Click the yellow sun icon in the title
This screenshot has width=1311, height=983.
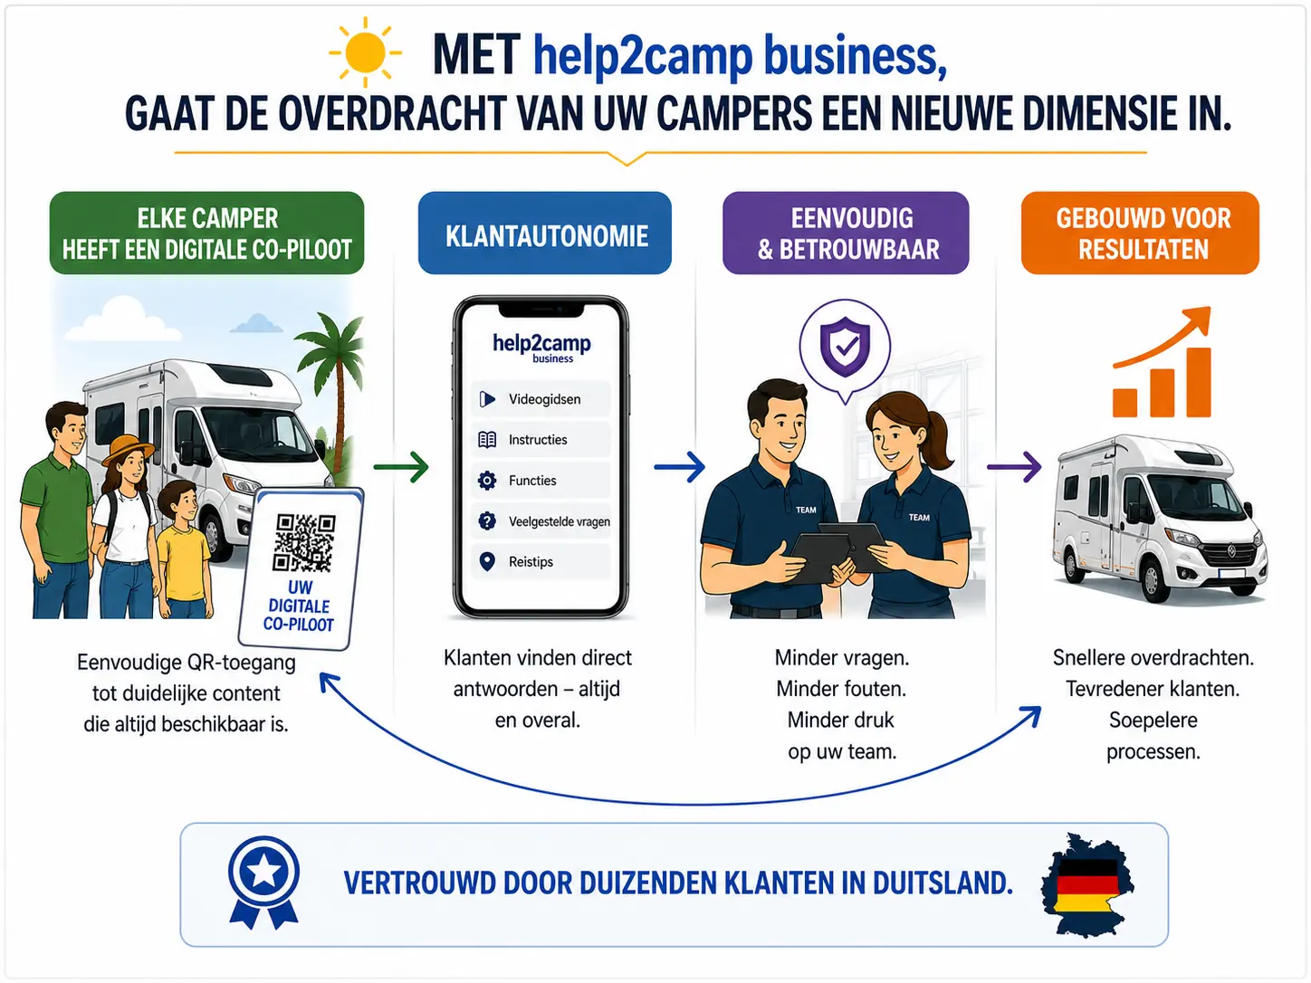[365, 52]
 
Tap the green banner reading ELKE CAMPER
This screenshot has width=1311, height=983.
[206, 233]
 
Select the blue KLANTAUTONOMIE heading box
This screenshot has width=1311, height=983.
[545, 233]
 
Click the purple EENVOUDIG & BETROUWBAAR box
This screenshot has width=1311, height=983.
[846, 233]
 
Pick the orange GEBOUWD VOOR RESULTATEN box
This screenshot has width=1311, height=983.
[1140, 233]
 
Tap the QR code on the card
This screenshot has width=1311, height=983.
[304, 542]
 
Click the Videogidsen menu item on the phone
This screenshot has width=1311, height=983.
[541, 399]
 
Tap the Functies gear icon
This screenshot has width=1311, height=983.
[487, 481]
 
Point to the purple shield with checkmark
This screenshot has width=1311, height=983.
[845, 345]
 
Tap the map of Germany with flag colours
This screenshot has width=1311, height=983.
[1087, 884]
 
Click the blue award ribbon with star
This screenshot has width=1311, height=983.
[263, 879]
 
